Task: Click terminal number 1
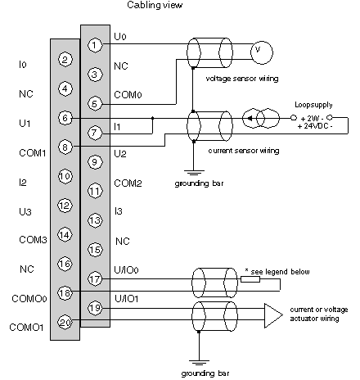(95, 45)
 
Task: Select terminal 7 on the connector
(95, 133)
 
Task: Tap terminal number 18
(65, 293)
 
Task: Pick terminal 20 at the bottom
(65, 323)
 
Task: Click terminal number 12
(65, 206)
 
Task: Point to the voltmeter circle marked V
(261, 52)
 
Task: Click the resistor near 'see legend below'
(250, 279)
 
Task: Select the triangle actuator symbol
(273, 315)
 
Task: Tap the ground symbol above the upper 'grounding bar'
(194, 173)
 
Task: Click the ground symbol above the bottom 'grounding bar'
(199, 363)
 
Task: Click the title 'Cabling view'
(155, 5)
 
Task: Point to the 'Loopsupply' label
(313, 105)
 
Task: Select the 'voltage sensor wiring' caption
(242, 79)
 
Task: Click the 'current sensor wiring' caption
(244, 151)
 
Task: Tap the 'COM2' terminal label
(128, 183)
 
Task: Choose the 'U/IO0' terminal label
(126, 270)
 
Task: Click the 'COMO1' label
(26, 327)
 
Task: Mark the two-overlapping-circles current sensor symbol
(261, 118)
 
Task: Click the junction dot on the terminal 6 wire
(152, 118)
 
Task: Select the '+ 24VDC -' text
(315, 126)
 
